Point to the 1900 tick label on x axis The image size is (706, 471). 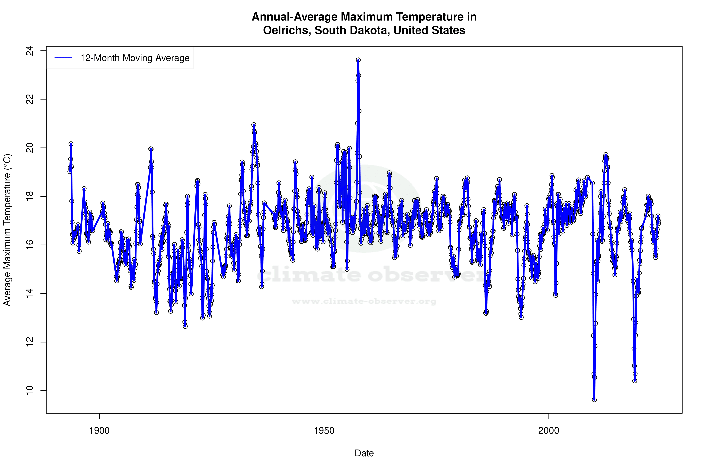coord(99,431)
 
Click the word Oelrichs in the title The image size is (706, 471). coord(287,30)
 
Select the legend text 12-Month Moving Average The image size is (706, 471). coord(135,58)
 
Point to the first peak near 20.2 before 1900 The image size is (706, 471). coord(71,144)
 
